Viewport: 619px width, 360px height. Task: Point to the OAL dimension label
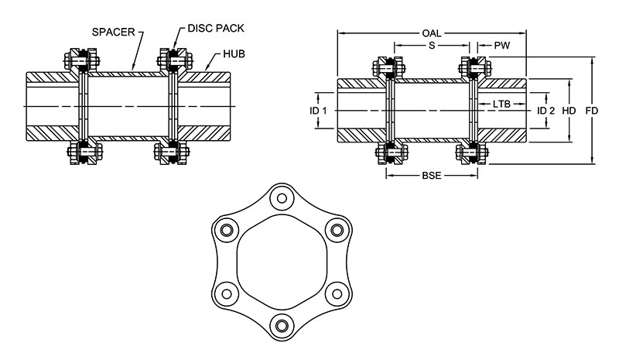coord(432,33)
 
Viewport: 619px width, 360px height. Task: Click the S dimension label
coord(432,46)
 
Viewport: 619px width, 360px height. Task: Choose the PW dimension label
coord(502,46)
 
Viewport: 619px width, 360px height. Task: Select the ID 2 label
coord(546,111)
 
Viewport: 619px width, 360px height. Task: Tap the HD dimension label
coord(569,111)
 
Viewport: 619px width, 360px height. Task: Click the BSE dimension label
coord(431,176)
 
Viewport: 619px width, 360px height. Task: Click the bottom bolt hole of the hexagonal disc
coord(279,324)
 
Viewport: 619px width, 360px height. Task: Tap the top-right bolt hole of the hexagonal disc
coord(334,229)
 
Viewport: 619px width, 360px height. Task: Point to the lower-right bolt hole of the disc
coord(334,292)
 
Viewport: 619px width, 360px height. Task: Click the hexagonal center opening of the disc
coord(279,261)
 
